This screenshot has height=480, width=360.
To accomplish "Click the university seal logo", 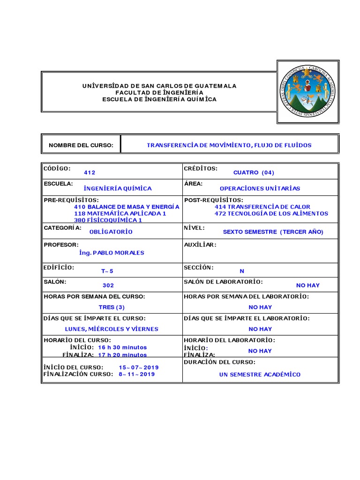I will click(x=307, y=91).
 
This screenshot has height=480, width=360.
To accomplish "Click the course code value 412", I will click(x=90, y=172).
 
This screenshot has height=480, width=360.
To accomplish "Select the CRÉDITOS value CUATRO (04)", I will click(x=253, y=172).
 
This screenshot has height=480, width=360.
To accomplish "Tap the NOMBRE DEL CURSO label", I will click(x=81, y=145).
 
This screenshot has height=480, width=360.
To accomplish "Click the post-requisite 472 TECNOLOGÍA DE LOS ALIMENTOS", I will click(x=271, y=213).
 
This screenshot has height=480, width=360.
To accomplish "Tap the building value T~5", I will click(x=107, y=271).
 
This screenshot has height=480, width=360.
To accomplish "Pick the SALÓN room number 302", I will click(x=108, y=285).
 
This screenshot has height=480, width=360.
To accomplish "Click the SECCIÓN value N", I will click(x=242, y=271).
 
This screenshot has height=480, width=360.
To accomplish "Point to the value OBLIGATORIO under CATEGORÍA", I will click(x=111, y=232).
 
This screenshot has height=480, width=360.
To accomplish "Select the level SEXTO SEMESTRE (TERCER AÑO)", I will click(x=273, y=232).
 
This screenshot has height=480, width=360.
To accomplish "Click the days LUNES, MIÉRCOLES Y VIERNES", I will click(x=112, y=329).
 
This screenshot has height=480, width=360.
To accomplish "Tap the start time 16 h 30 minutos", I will click(x=122, y=347).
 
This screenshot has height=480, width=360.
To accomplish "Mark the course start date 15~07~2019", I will click(x=139, y=367).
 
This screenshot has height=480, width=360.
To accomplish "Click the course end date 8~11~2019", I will click(x=136, y=374).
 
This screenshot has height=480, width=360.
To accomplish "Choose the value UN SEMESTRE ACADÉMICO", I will click(x=260, y=375).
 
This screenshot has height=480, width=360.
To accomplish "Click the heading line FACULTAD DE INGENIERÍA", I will click(x=160, y=93).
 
